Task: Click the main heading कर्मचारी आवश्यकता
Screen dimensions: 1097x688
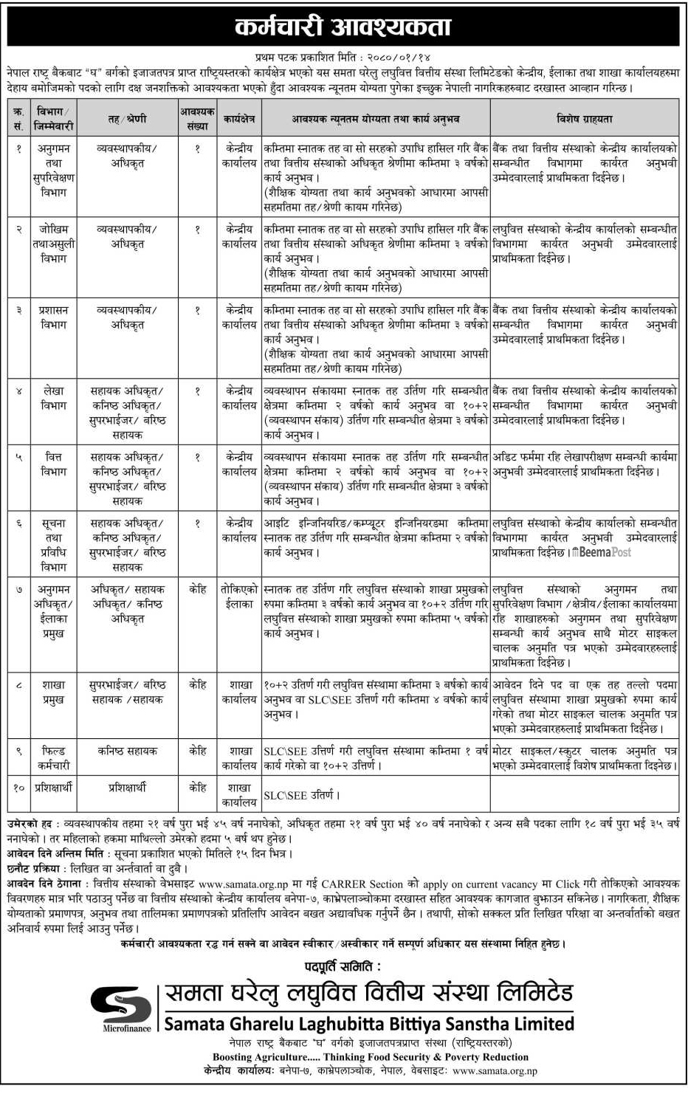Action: point(343,27)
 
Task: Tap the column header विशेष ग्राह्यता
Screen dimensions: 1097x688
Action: point(584,118)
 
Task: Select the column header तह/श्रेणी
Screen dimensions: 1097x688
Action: point(127,118)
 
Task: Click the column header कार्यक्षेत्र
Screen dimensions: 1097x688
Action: point(239,118)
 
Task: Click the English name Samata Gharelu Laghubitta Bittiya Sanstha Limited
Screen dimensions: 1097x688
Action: point(368,1024)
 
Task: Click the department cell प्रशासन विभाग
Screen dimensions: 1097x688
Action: point(53,317)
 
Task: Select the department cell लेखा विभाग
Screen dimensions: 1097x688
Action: point(53,398)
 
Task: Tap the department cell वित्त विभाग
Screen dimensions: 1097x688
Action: point(53,464)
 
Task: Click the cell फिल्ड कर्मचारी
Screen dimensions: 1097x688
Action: point(53,758)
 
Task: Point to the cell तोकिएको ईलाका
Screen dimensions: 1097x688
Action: point(239,596)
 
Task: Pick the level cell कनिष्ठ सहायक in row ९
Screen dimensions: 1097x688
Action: point(127,751)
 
